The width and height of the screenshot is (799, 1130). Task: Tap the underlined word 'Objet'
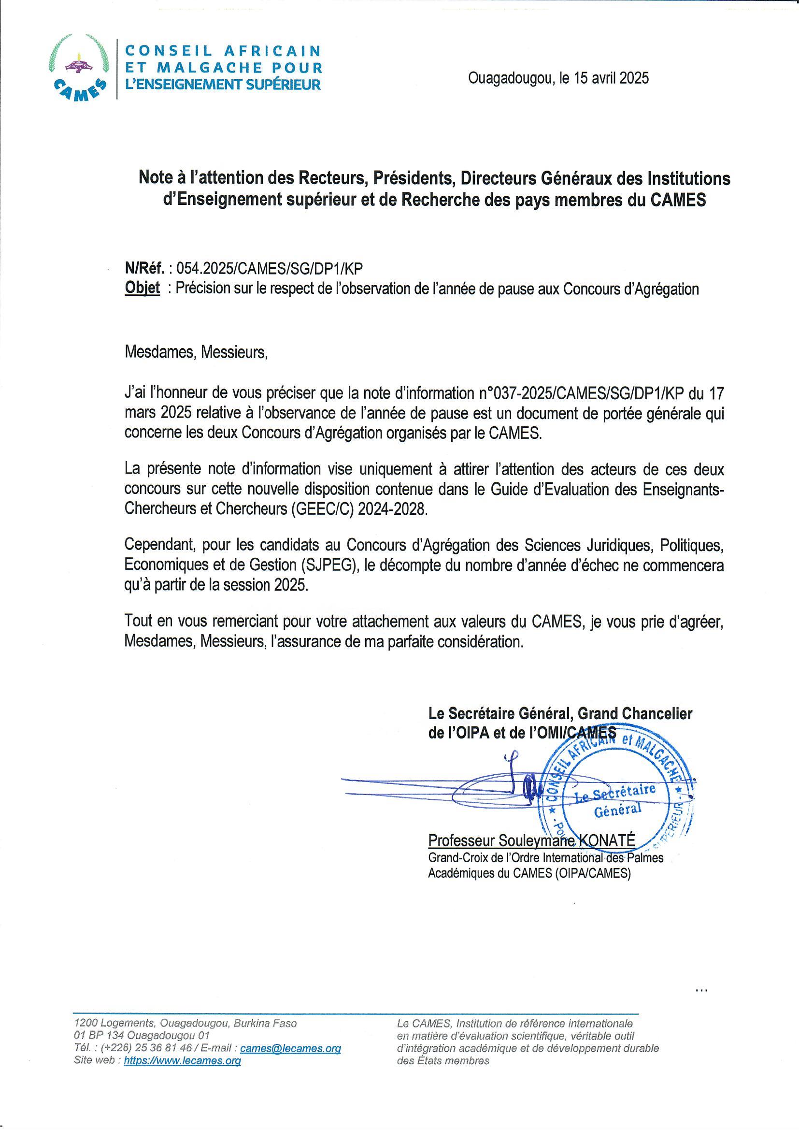143,288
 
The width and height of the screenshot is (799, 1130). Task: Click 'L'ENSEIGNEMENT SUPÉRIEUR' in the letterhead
223,84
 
